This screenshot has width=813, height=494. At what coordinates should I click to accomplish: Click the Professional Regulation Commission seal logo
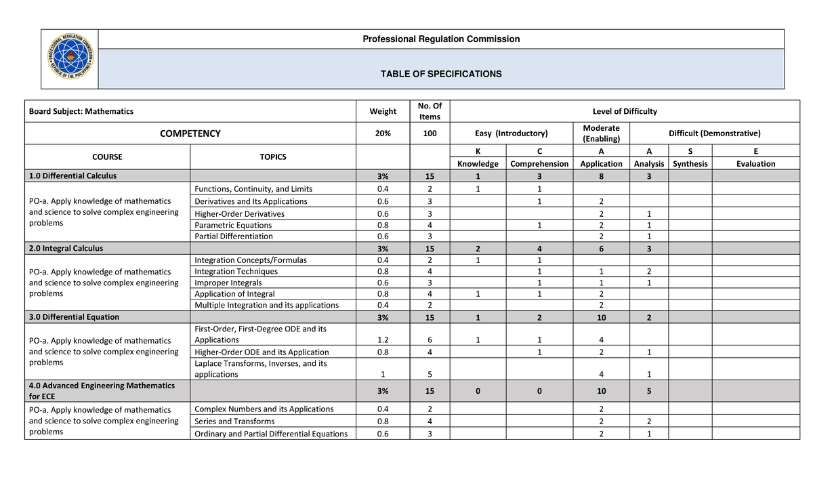click(70, 59)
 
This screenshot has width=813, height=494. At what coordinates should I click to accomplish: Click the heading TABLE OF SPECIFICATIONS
click(441, 74)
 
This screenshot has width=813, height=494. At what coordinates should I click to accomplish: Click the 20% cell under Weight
click(383, 133)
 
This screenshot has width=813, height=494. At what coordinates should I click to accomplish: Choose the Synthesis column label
click(690, 164)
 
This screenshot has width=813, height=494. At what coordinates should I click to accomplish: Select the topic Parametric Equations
click(233, 225)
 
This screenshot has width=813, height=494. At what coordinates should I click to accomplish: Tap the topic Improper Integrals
click(228, 283)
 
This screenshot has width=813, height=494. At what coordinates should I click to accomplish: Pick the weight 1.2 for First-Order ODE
click(383, 339)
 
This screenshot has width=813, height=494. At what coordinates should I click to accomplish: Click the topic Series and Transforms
click(234, 421)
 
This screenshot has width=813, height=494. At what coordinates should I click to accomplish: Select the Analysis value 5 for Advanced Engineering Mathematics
click(648, 390)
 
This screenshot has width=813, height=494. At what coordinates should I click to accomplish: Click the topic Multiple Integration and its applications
click(266, 305)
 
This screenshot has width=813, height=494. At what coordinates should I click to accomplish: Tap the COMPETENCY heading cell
click(190, 133)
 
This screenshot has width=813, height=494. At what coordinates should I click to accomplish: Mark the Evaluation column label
click(755, 164)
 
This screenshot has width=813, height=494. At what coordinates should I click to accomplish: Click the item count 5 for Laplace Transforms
click(430, 374)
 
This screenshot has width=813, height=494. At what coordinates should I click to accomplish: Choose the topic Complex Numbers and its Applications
click(264, 409)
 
